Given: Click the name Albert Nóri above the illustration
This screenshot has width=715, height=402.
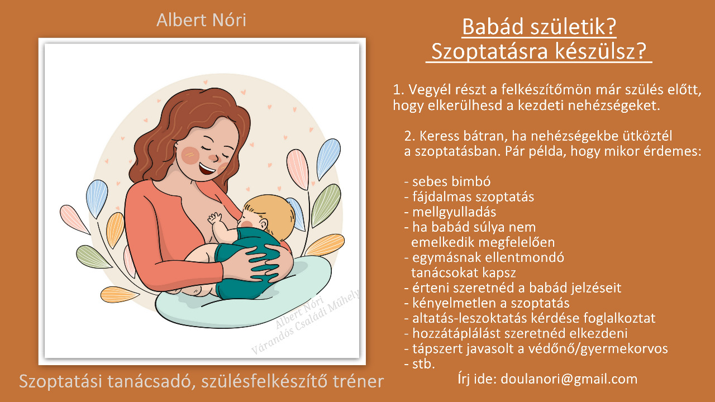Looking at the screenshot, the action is pos(202,20).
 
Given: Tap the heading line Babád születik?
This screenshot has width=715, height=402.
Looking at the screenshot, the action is pos(539,27).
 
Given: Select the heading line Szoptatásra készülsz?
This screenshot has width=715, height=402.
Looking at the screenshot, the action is pos(539,51).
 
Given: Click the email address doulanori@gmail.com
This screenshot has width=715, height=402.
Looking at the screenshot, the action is pos(569,379).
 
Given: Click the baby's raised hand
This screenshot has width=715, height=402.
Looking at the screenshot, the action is pos(214,219).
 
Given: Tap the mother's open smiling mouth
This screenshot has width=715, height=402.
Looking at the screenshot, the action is pos(207,169).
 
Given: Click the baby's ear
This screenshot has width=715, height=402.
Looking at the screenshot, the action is pos(263,224).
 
